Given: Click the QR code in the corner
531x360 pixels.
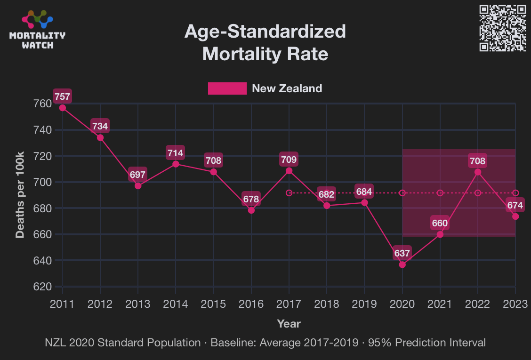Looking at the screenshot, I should (502, 28).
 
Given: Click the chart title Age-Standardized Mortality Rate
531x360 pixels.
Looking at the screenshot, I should (265, 43).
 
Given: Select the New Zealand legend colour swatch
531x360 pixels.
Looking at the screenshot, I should (227, 88).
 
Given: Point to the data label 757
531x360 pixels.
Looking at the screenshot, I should (62, 97).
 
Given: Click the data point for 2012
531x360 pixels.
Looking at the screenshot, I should (100, 137).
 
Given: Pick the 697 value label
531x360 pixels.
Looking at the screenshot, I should (138, 175).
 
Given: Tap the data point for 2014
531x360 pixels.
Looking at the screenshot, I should (176, 164).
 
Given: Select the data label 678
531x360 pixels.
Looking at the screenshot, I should (251, 199).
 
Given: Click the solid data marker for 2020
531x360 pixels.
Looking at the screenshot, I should (402, 264).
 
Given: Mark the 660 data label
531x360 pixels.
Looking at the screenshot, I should (440, 223).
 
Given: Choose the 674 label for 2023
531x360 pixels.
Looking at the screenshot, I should (515, 205).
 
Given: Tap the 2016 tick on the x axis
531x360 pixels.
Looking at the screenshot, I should (251, 304).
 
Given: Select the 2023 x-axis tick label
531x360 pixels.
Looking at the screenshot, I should (515, 304).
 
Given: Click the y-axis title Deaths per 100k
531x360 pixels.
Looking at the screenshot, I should (20, 194).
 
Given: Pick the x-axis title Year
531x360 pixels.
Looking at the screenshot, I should (289, 324).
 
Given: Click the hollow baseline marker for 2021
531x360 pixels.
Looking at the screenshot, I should (440, 193).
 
